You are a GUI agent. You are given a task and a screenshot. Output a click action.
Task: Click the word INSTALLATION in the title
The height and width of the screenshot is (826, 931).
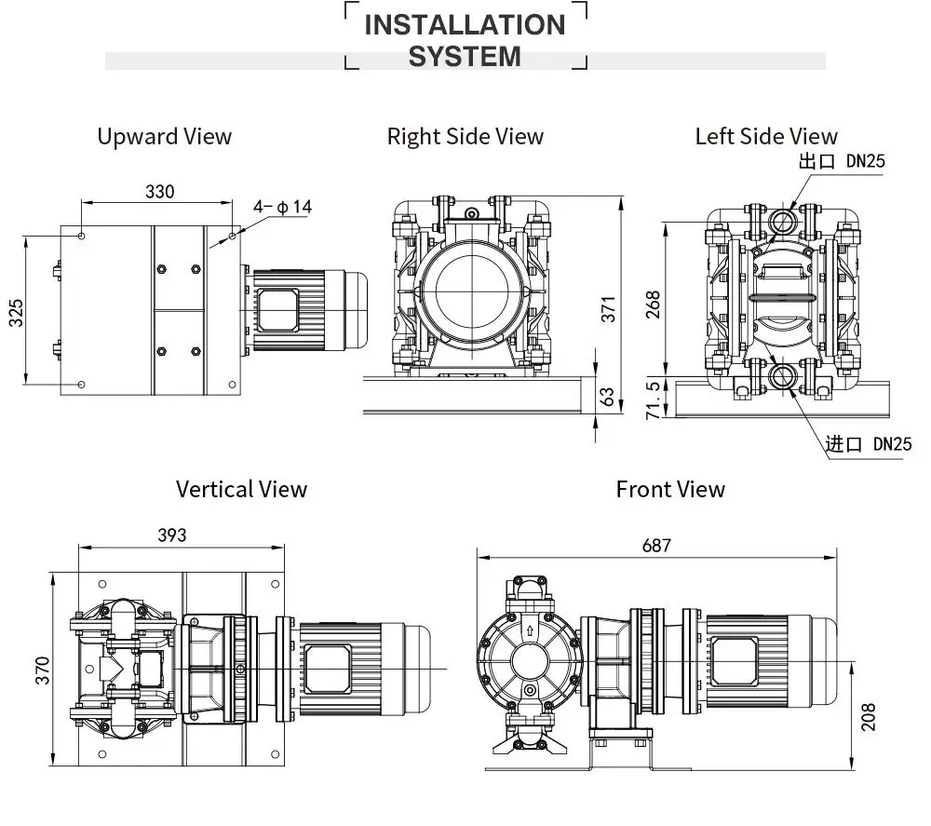[x=465, y=25]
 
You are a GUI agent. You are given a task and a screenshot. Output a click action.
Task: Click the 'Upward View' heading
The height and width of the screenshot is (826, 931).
[x=164, y=137]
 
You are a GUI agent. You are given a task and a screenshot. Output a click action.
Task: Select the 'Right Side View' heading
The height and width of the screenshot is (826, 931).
[x=465, y=137]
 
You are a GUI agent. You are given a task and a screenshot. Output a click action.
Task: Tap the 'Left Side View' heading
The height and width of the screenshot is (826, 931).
[x=765, y=137]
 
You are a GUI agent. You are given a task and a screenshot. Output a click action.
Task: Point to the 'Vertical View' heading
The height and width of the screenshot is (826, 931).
[x=241, y=489]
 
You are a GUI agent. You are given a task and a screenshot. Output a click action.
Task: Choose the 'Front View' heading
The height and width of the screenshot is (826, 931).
[x=670, y=489]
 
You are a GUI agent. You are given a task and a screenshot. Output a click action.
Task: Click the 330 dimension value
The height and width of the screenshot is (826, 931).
[x=159, y=192]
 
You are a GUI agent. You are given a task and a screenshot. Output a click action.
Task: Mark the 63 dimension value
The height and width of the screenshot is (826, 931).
[x=608, y=398]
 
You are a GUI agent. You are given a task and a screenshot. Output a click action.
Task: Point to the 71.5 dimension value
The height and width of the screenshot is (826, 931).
[x=653, y=399]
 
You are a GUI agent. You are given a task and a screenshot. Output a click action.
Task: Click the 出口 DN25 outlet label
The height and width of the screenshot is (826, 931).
[x=841, y=161]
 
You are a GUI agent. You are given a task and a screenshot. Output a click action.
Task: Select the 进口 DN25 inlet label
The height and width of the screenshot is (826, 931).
[x=868, y=443]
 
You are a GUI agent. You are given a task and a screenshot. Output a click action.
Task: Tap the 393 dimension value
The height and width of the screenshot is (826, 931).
[x=171, y=535]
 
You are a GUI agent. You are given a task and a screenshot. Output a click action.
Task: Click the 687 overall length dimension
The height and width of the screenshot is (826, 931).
[x=655, y=546]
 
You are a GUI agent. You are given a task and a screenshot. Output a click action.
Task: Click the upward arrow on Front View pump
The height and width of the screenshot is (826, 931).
[x=530, y=630]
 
